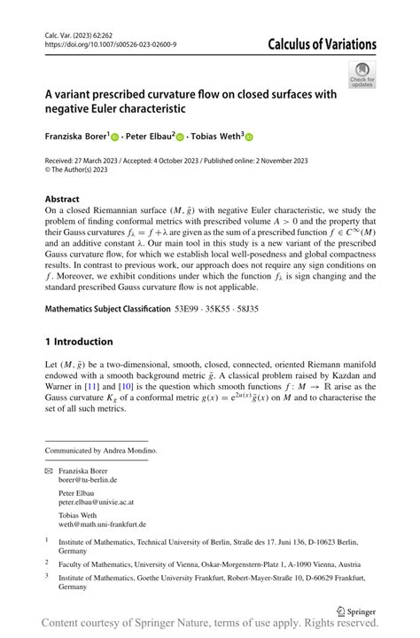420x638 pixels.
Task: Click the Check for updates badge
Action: (362, 75)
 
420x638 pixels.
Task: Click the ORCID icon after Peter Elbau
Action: (180, 138)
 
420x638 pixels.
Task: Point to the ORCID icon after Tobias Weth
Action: (249, 138)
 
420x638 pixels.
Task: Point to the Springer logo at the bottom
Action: (352, 610)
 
